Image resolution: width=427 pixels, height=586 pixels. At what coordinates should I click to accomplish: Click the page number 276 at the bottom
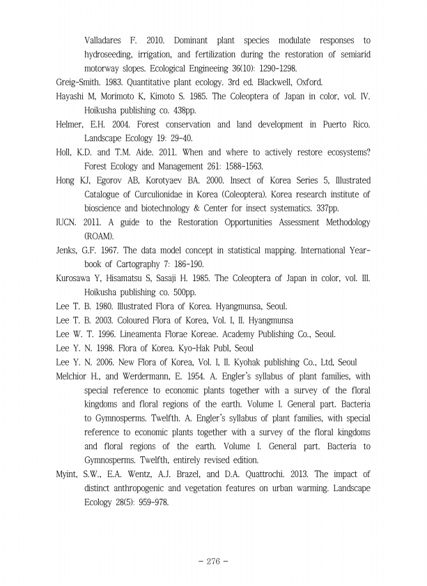pos(213,559)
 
